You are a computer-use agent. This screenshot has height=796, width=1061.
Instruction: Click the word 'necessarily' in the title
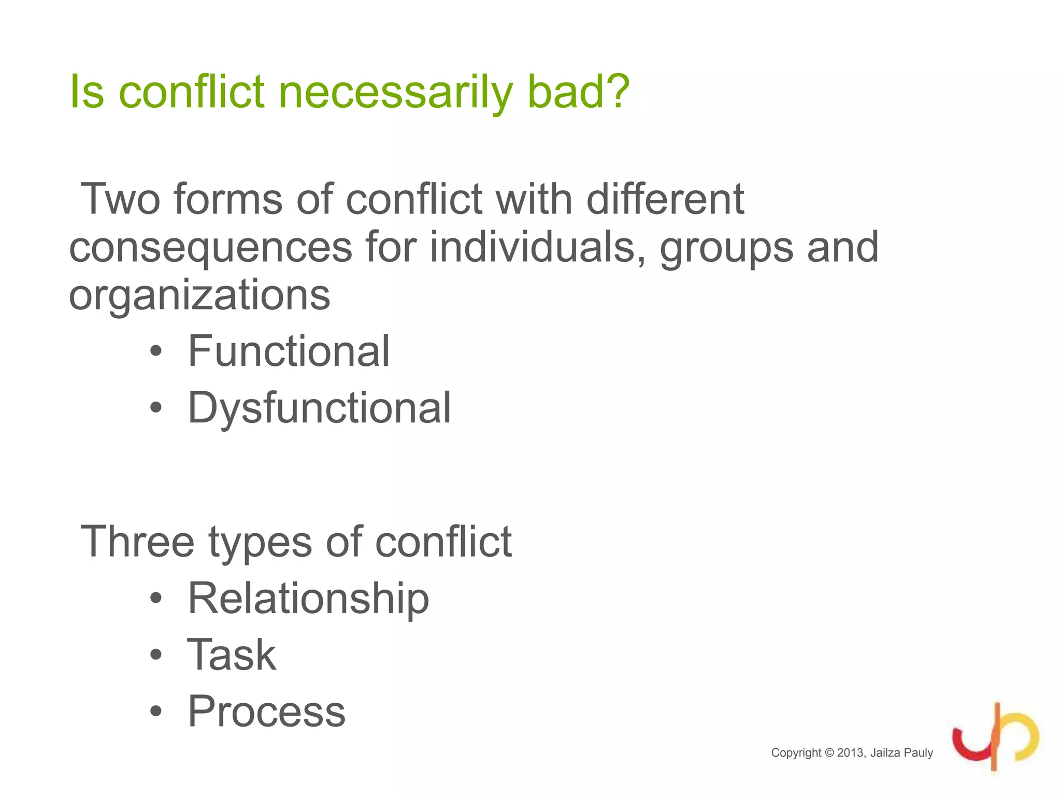(x=396, y=92)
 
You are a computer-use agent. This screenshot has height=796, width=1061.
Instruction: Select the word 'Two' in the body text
(x=120, y=199)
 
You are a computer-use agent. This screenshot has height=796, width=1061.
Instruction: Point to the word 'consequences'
(x=211, y=248)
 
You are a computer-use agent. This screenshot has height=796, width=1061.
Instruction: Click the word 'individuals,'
(x=538, y=247)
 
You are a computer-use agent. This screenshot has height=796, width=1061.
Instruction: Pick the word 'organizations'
(x=199, y=295)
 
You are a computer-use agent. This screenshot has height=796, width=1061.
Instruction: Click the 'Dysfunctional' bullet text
(x=319, y=408)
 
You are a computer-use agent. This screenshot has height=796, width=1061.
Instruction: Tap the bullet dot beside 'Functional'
(x=156, y=352)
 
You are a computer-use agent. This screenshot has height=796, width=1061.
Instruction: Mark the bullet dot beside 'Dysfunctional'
(x=156, y=408)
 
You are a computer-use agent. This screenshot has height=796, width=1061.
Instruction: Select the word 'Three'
(x=138, y=542)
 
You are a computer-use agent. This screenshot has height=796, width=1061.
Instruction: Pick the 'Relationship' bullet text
(x=308, y=599)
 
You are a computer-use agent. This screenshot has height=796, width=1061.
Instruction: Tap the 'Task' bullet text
(x=232, y=655)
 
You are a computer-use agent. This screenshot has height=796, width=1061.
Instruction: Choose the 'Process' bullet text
(x=266, y=712)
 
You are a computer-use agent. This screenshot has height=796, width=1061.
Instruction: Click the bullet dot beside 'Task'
(x=156, y=655)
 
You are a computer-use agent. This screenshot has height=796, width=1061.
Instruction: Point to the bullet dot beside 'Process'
(x=156, y=712)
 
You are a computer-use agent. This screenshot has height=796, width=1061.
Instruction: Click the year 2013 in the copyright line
(x=851, y=753)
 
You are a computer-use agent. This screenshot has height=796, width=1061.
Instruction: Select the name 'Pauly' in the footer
(x=919, y=753)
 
